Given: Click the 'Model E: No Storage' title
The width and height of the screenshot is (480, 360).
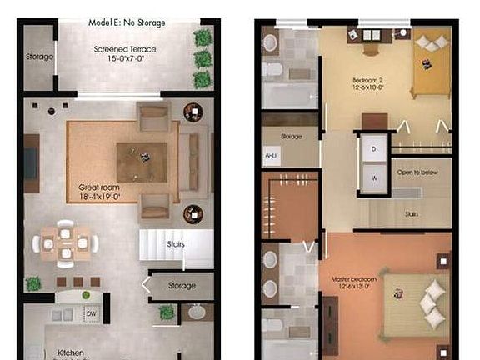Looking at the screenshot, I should tap(127, 22).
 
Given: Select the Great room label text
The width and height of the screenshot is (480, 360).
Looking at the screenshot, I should tap(101, 192).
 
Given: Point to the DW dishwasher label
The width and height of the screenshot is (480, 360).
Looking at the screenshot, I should tap(90, 313).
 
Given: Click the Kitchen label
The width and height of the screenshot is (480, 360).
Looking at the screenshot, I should tap(70, 352).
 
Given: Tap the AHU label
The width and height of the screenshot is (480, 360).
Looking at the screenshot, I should tap(271, 155).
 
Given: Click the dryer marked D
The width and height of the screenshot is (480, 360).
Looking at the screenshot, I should tap(373, 149).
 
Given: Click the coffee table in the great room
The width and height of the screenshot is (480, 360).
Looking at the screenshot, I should tap(141, 157).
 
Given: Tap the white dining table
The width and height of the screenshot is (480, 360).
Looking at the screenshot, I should tap(65, 243).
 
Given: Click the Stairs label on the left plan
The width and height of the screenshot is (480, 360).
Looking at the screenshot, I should tap(175, 244).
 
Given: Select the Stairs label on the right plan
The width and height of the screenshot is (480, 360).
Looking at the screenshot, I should tap(412, 213).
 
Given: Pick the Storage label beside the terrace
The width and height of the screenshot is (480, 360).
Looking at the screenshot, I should tap(39, 57).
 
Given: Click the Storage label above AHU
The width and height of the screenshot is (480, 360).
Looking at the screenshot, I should tap(291, 136).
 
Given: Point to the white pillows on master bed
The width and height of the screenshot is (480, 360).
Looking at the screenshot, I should tap(431, 297).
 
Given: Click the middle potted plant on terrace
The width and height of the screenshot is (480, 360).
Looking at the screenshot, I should tap(202, 58).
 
